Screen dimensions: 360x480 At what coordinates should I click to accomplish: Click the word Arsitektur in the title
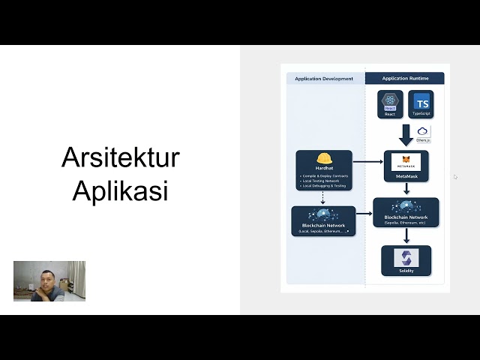[x=120, y=158]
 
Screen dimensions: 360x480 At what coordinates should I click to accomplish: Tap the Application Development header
[x=324, y=79]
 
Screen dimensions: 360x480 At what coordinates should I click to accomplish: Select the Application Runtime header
[x=404, y=79]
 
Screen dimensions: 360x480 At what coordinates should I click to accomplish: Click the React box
[x=390, y=104]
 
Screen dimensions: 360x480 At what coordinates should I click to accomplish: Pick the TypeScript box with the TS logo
[x=422, y=104]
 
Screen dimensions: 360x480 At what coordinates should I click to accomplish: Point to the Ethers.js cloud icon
[x=423, y=133]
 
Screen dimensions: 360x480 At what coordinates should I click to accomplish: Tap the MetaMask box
[x=406, y=166]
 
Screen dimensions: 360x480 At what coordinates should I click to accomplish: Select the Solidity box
[x=406, y=260]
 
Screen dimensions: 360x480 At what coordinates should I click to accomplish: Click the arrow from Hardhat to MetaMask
[x=367, y=161]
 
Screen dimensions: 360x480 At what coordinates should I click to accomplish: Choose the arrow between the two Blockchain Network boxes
[x=364, y=214]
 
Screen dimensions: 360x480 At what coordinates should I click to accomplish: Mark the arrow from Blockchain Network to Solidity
[x=406, y=235]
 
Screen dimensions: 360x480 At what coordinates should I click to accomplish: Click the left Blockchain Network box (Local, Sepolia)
[x=324, y=221]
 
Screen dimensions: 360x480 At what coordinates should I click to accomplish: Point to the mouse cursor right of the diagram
[x=455, y=177]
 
